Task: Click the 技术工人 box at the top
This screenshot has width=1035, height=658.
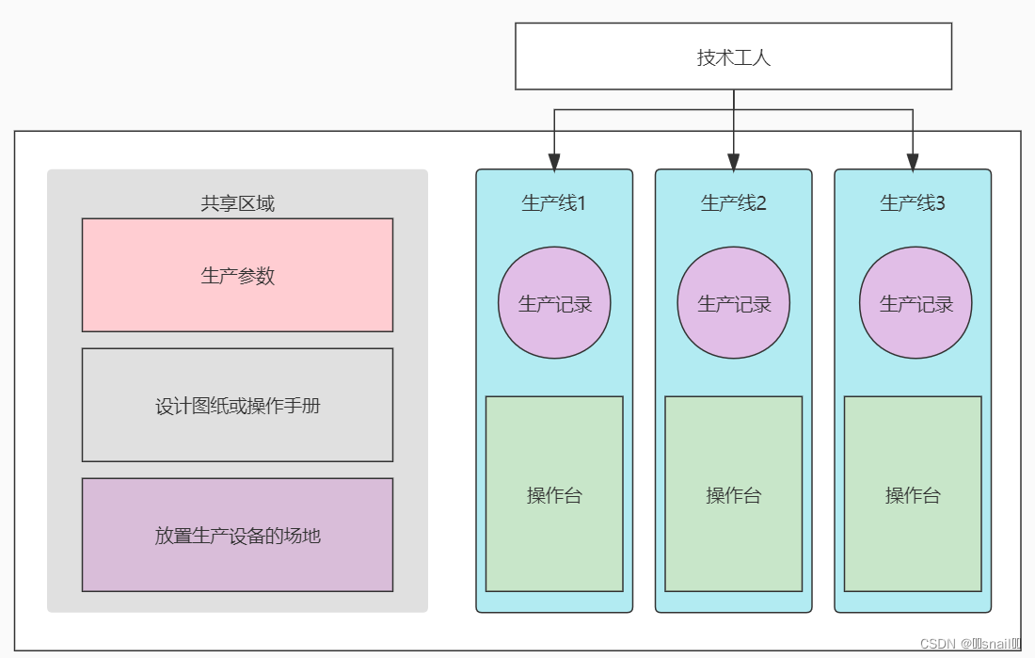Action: (x=733, y=56)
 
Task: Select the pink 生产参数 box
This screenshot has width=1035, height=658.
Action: (x=237, y=275)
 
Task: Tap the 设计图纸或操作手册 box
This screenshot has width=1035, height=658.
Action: (x=237, y=405)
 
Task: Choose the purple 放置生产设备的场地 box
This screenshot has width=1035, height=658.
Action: (x=237, y=535)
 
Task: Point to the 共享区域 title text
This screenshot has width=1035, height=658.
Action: (x=237, y=203)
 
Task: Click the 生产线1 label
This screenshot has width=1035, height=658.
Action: (x=553, y=202)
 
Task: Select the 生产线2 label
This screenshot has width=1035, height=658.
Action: (x=733, y=202)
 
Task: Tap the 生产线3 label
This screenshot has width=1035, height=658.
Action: (x=913, y=202)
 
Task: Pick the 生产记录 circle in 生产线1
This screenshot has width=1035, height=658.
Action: (x=554, y=303)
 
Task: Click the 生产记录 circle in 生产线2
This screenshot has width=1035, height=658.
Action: (x=734, y=303)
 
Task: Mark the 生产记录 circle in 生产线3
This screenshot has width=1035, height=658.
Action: (x=916, y=303)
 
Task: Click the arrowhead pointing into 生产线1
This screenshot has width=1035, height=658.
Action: (x=554, y=161)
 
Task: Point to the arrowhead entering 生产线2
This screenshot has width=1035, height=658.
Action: (x=734, y=161)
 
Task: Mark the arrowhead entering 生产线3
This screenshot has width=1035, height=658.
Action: (x=913, y=161)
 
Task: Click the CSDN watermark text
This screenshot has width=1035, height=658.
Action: (x=970, y=644)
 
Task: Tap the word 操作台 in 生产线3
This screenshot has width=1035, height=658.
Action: (x=913, y=495)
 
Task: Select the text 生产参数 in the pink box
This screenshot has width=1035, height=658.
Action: (x=237, y=275)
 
